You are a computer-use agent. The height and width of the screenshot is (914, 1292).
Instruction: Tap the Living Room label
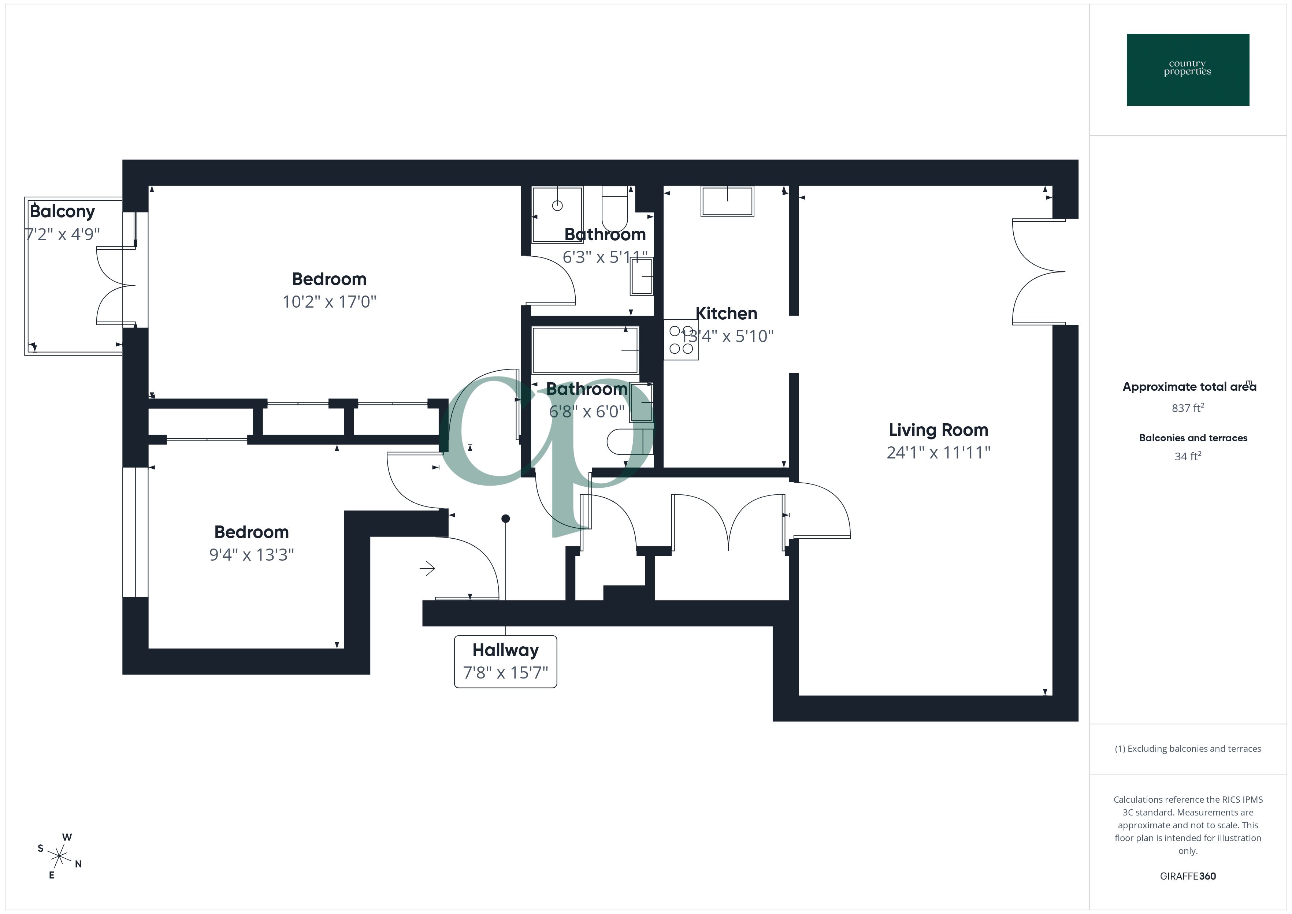938,430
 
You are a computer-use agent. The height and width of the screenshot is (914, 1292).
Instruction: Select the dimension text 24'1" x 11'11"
938,453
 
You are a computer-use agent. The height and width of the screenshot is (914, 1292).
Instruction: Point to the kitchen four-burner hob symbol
681,340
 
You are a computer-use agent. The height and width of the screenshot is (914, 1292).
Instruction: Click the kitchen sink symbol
727,201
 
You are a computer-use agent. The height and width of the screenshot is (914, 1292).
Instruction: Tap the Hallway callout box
505,661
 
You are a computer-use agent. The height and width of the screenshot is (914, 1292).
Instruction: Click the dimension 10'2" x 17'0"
329,302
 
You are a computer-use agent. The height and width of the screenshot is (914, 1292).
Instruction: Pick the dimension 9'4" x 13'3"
252,555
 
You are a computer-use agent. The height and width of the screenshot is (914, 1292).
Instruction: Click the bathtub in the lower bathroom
585,350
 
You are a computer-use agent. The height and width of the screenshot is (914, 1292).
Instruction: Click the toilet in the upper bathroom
615,209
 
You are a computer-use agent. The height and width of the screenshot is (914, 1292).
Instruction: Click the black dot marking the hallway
505,519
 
